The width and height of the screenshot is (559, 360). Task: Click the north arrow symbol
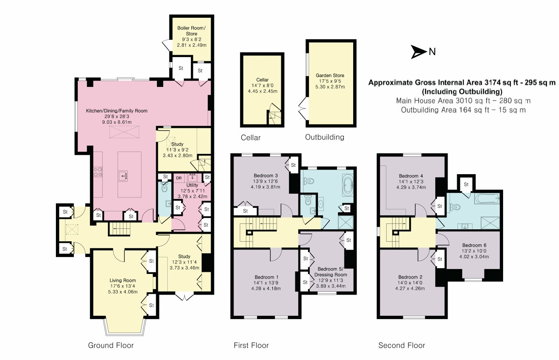coord(418,52)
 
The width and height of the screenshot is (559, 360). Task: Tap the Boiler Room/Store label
coord(191,31)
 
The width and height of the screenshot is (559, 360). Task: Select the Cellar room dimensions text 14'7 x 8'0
coord(262,86)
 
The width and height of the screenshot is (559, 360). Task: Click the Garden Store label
coord(330,75)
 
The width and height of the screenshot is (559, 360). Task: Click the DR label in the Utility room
coord(179,178)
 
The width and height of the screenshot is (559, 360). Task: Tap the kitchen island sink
coord(123,176)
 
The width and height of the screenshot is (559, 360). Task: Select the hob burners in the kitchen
coord(98,172)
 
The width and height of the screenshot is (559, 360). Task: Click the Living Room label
coord(123,280)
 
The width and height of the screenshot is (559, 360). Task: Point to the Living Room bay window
coord(125,327)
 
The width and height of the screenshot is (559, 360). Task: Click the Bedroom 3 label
coord(265,175)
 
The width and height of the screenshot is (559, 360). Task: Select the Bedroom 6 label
coord(474,245)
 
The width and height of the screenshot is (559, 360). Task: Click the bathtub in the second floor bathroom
coord(487,199)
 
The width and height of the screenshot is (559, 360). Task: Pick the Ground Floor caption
coord(111,345)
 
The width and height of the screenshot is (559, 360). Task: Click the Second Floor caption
coord(402,345)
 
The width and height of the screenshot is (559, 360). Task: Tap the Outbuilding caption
coord(325,137)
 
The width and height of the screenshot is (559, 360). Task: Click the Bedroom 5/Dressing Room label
coord(331,272)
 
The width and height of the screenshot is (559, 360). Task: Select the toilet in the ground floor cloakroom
coord(164,187)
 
